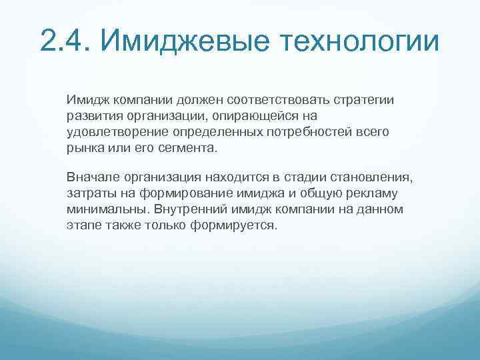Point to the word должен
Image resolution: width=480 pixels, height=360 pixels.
pos(199,100)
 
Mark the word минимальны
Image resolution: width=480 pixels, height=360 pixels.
pos(107,209)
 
